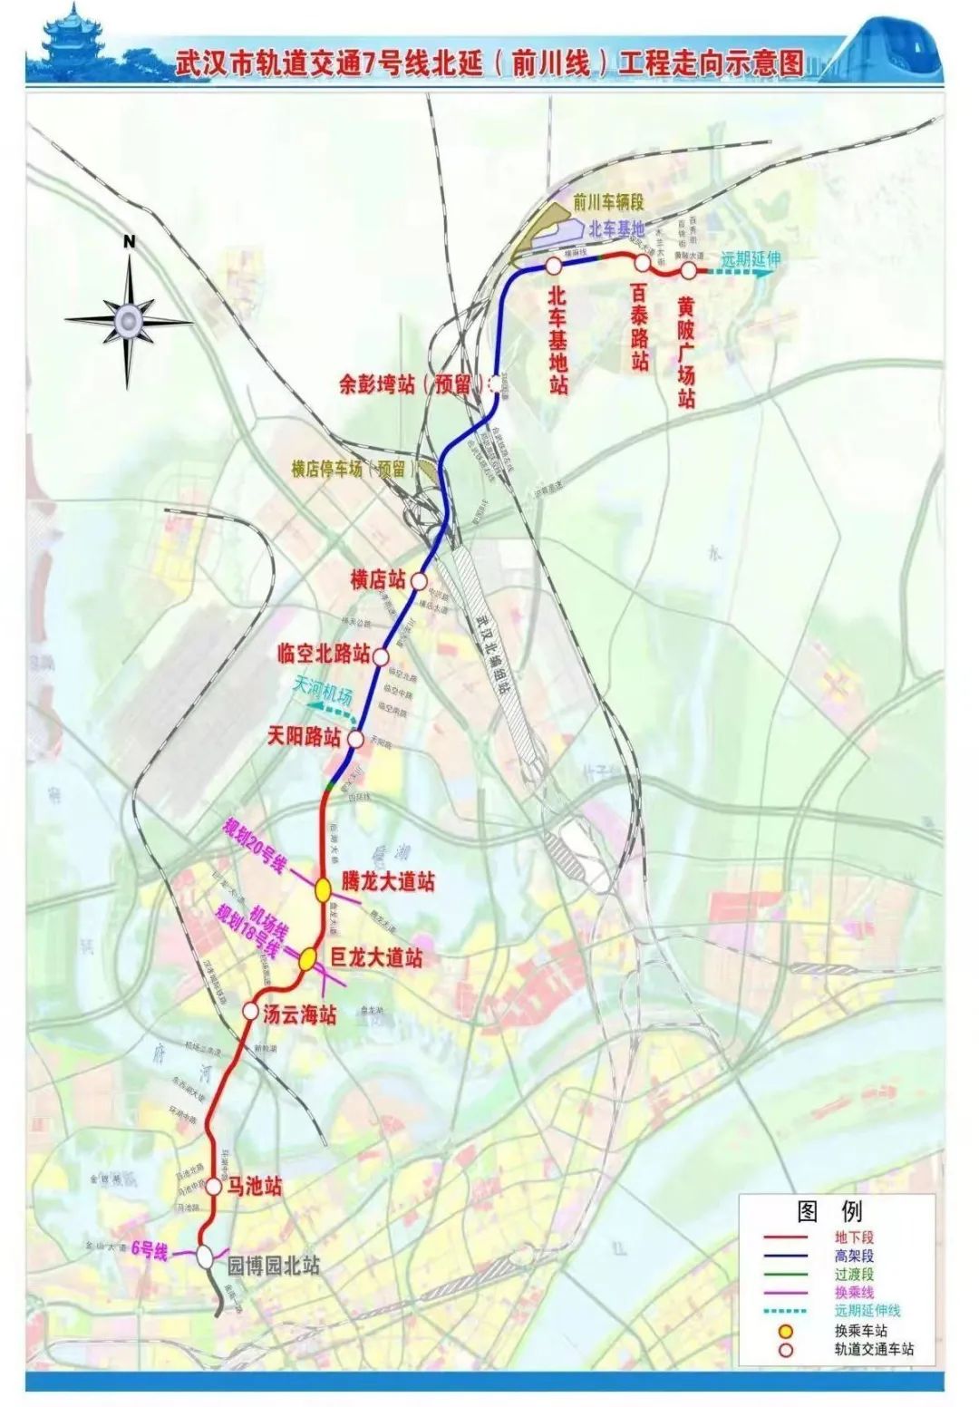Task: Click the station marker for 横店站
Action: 419,580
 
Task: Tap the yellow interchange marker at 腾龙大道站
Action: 323,890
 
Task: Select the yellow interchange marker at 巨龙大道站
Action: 309,958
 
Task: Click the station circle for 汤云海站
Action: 251,1011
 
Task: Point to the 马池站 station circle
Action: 214,1187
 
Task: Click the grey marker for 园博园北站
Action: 206,1257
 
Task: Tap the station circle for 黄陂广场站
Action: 689,270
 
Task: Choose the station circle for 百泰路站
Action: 642,263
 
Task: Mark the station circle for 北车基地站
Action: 553,266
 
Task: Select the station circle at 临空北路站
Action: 381,655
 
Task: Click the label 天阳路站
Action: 304,736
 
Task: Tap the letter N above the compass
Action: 129,241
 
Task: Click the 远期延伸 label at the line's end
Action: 751,258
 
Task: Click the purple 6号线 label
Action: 150,1252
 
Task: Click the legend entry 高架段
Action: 854,1256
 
